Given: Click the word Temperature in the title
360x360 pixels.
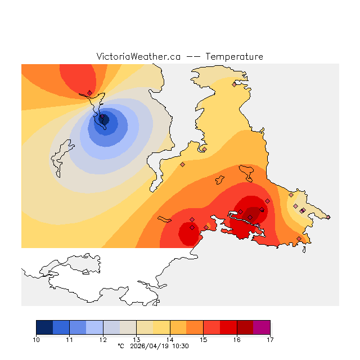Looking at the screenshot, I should (234, 57).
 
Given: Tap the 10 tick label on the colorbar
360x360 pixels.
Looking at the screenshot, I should (36, 340).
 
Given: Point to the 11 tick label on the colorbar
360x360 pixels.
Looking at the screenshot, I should (69, 340).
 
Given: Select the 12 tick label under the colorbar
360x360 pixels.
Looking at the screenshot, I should (103, 340).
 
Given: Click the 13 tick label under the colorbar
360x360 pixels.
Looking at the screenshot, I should (136, 340).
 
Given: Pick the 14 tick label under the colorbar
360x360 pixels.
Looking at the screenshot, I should (170, 340).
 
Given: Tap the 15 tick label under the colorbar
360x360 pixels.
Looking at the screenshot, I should (203, 340).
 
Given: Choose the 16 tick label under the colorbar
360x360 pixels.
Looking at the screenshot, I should (237, 340).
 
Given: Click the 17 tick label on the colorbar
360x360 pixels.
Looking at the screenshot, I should (270, 340).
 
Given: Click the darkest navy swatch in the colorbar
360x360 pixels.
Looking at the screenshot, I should (44, 327).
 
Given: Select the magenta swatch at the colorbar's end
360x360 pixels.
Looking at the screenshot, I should (262, 327).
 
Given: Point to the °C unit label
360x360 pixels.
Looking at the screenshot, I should (120, 346).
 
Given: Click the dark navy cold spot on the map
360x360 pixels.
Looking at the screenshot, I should (103, 119).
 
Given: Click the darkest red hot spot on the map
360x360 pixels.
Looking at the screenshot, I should (254, 213).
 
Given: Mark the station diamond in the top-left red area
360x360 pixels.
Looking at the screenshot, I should (89, 93).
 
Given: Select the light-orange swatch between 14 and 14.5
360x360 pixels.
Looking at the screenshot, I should (178, 327).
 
